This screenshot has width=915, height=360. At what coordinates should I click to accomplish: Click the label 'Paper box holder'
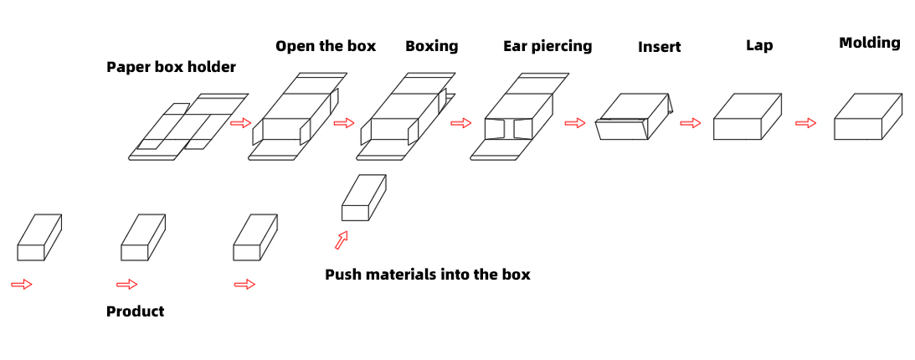(171, 67)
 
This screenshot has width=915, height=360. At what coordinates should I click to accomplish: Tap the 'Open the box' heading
(326, 46)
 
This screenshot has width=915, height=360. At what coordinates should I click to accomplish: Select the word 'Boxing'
(431, 46)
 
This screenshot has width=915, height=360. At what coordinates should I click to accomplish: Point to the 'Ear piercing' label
(547, 46)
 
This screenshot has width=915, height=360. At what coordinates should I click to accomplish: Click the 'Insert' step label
(659, 48)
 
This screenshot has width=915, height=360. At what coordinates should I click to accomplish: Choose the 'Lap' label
(759, 46)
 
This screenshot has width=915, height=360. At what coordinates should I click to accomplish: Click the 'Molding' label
(869, 43)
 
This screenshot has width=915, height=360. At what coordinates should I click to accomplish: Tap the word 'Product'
(135, 311)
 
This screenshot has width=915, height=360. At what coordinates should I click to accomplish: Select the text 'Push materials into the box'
(427, 275)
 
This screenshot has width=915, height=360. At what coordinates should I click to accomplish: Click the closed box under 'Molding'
(868, 117)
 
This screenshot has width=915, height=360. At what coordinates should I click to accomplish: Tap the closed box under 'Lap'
(747, 117)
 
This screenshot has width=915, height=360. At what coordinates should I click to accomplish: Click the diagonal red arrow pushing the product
(341, 241)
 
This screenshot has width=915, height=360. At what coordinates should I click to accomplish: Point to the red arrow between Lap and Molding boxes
(805, 124)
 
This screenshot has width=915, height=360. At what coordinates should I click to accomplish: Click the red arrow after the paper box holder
(240, 123)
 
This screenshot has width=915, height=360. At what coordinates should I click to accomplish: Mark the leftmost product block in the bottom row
(39, 238)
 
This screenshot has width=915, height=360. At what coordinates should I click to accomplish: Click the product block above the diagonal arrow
(363, 198)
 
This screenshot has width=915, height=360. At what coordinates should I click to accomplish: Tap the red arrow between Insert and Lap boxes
(690, 124)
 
